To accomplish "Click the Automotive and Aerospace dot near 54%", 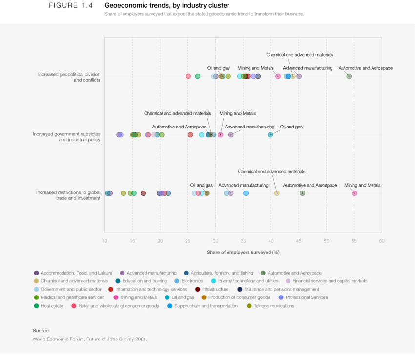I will coord(349,76).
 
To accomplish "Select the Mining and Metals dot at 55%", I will coord(354,193).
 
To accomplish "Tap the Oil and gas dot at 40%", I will coord(270,135).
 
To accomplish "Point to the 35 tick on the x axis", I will coord(243,241).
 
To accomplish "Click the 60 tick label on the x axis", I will coord(381,241).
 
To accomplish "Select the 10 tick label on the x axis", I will coord(105,241).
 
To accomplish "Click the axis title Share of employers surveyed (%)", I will coord(243,252).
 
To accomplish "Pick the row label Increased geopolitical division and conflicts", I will coord(69,77).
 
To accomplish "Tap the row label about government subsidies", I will coord(66,136).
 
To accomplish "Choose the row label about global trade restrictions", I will coord(68,195).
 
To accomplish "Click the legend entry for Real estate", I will coord(51,306).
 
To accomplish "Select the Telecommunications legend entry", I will coord(274,306).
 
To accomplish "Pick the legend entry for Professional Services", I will coord(307,297).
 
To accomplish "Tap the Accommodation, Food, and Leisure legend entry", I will coord(76,273).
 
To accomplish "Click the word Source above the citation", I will coord(41,331).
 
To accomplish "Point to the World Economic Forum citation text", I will coord(90,339).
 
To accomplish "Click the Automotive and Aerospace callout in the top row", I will coord(365,68).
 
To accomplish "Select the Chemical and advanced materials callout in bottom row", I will coord(271,172).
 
